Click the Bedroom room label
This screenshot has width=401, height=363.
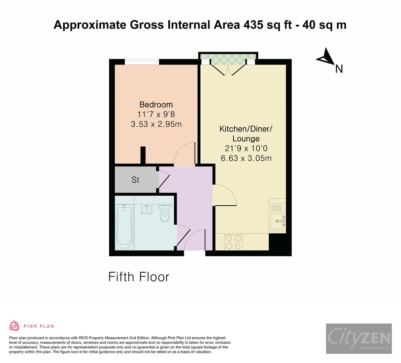coord(156,104)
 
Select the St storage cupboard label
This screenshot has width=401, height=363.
coord(135,180)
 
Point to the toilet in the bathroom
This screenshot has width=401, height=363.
coord(165,214)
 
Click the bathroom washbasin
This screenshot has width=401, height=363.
coord(146,209)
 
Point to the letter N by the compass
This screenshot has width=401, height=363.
coord(339,69)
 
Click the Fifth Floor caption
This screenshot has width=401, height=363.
coord(139,277)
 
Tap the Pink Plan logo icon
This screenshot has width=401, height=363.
coord(14,326)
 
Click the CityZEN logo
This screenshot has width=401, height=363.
coord(359,338)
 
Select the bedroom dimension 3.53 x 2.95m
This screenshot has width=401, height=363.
coord(156,124)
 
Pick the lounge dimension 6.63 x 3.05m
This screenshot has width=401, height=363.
coord(246,158)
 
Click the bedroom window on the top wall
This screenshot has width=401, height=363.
coord(142,62)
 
